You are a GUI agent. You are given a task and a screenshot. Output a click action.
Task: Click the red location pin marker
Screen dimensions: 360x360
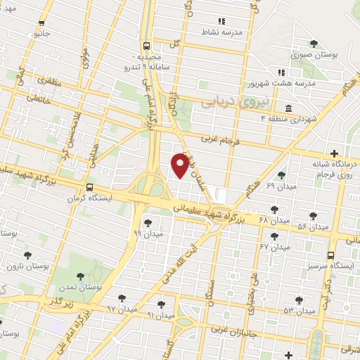click(x=180, y=166)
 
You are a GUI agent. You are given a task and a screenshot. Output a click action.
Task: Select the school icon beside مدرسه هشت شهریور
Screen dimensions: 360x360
click(x=281, y=72)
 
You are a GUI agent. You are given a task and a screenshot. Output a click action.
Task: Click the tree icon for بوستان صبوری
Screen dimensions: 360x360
click(x=314, y=44)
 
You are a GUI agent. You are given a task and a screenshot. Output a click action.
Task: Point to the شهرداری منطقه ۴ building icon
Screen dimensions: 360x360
click(x=289, y=108)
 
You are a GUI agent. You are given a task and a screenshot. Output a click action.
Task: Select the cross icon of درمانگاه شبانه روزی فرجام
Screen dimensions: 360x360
click(x=334, y=153)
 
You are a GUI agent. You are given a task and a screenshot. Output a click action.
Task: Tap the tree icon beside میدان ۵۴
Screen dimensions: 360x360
click(x=313, y=215)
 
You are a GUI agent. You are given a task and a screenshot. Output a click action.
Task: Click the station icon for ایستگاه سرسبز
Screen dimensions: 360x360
click(x=330, y=256)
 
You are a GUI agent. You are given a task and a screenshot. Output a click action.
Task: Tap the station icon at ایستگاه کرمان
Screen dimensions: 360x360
click(x=89, y=187)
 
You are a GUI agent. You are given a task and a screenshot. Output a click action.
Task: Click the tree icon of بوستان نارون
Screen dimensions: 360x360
click(x=28, y=255)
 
